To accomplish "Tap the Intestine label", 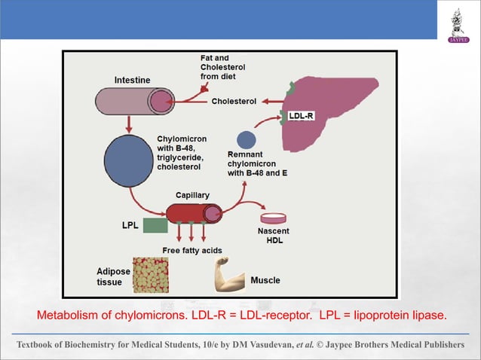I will click(132, 80).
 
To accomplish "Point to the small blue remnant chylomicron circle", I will click(246, 139).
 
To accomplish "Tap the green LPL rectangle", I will click(155, 225).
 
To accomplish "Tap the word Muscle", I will click(265, 280).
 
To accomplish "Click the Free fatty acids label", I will click(192, 250).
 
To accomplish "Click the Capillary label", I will click(193, 195).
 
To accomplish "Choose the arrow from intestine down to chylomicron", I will click(129, 124).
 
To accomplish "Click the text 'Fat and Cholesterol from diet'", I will click(222, 67).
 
